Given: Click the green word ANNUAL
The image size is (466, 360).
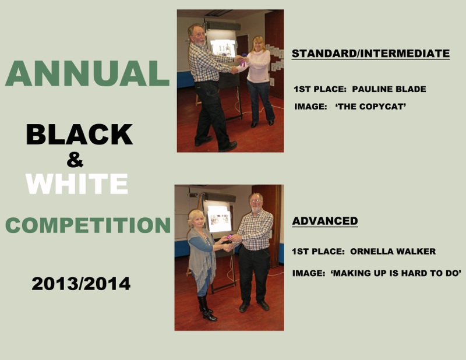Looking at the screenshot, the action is [87, 73].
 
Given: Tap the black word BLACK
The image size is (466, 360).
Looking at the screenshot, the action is [79, 135].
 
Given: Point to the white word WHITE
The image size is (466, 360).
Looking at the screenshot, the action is [77, 184].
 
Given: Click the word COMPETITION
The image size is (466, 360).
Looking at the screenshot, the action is [88, 225].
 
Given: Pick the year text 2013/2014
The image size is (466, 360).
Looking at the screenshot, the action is [81, 284].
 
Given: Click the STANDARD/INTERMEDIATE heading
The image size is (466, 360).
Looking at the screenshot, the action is [370, 54].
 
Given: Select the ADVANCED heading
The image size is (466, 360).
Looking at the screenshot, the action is [325, 221].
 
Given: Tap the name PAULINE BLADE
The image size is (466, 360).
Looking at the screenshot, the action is [389, 89].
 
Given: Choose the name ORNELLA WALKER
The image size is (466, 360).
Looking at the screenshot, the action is [393, 252].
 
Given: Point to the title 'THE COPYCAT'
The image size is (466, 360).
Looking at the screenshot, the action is [370, 107].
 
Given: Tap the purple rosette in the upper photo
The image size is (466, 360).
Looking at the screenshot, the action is [243, 59].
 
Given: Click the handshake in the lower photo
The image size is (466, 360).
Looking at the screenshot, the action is [228, 247].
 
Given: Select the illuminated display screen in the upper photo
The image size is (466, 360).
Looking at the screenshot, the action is [223, 48].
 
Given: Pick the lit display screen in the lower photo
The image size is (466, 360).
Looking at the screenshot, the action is [220, 219].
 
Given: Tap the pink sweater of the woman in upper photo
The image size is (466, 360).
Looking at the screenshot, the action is [259, 66].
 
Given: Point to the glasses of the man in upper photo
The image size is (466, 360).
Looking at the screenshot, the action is [198, 35].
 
